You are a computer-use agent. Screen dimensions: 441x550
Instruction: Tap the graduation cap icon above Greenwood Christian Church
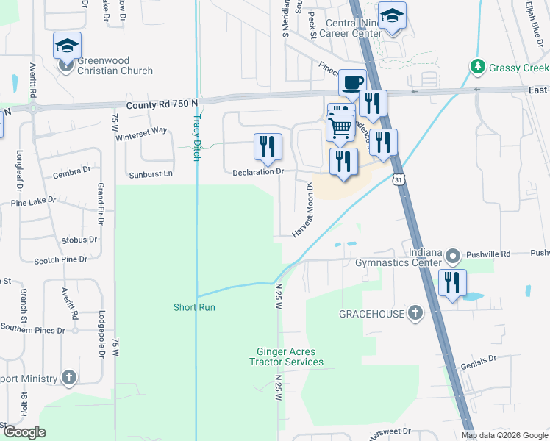coord(67,46)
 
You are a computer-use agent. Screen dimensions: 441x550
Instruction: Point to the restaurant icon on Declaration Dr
coord(268,147)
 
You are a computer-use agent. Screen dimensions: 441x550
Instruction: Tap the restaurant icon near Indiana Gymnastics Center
coord(452,283)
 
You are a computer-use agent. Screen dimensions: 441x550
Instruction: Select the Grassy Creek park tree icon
coord(478,68)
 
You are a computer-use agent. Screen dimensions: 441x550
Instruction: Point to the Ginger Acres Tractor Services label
coord(286,357)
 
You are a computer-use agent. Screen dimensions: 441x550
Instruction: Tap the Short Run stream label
coord(194,307)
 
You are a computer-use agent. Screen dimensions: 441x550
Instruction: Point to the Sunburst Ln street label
coord(150,174)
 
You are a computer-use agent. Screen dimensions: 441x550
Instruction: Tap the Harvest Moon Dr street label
coord(303,211)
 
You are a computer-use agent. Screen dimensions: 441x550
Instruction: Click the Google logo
coord(24,432)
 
